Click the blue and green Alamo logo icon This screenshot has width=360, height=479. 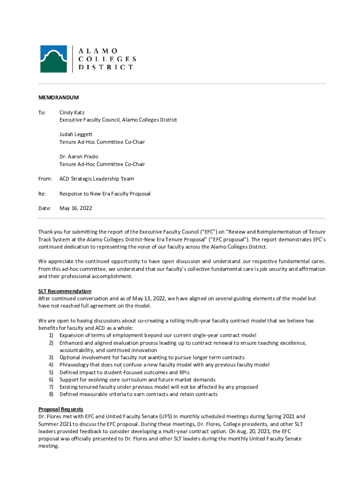click(x=53, y=59)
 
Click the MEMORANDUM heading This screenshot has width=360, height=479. click(x=58, y=98)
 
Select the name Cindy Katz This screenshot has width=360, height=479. click(x=72, y=113)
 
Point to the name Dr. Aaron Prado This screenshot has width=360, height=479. click(x=79, y=156)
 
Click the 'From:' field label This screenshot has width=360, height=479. click(x=46, y=179)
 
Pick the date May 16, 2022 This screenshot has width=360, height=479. click(x=75, y=208)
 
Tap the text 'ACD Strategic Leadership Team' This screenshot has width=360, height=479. click(x=96, y=179)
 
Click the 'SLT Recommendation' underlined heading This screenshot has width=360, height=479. click(x=65, y=291)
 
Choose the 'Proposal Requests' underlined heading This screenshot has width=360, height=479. click(x=61, y=409)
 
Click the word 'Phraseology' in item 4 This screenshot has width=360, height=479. click(x=74, y=365)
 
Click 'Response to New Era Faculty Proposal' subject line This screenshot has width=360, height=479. click(x=105, y=193)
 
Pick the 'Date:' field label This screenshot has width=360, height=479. click(x=44, y=208)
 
